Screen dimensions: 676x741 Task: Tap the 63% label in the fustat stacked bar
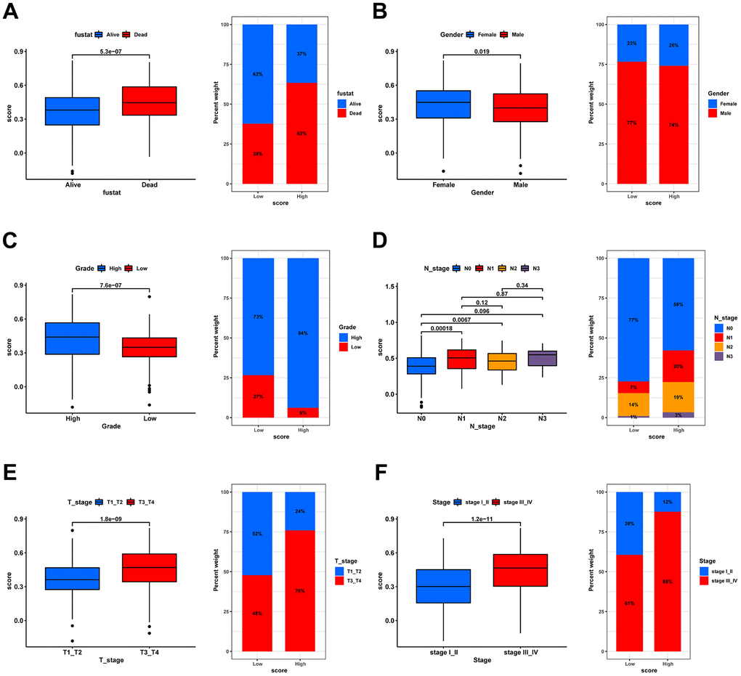pos(301,134)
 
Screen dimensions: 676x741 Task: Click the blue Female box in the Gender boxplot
pos(443,105)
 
